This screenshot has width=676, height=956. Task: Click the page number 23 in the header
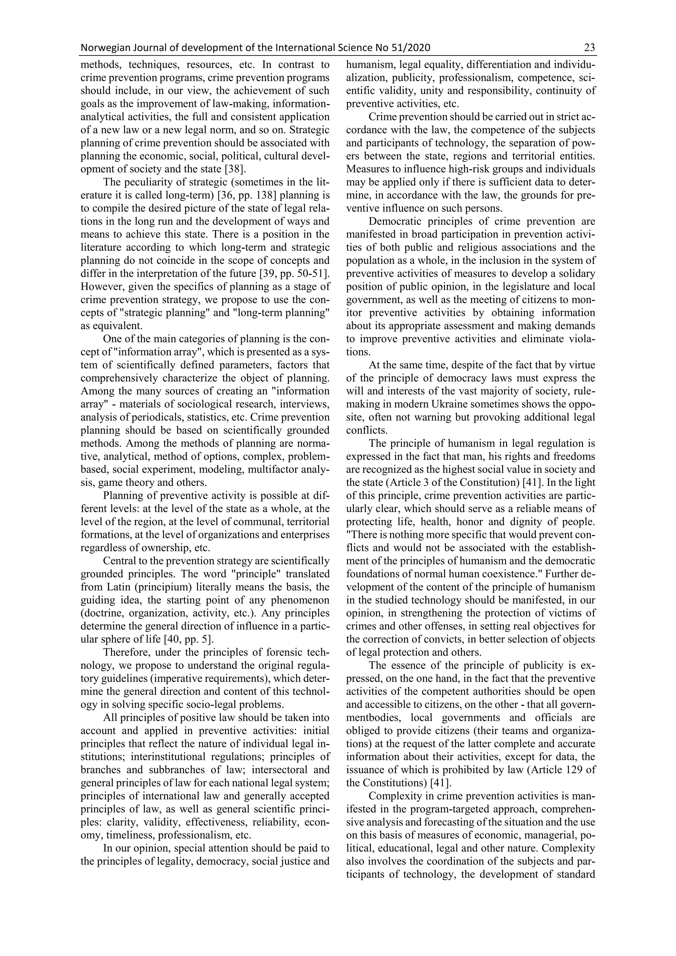point(590,48)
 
